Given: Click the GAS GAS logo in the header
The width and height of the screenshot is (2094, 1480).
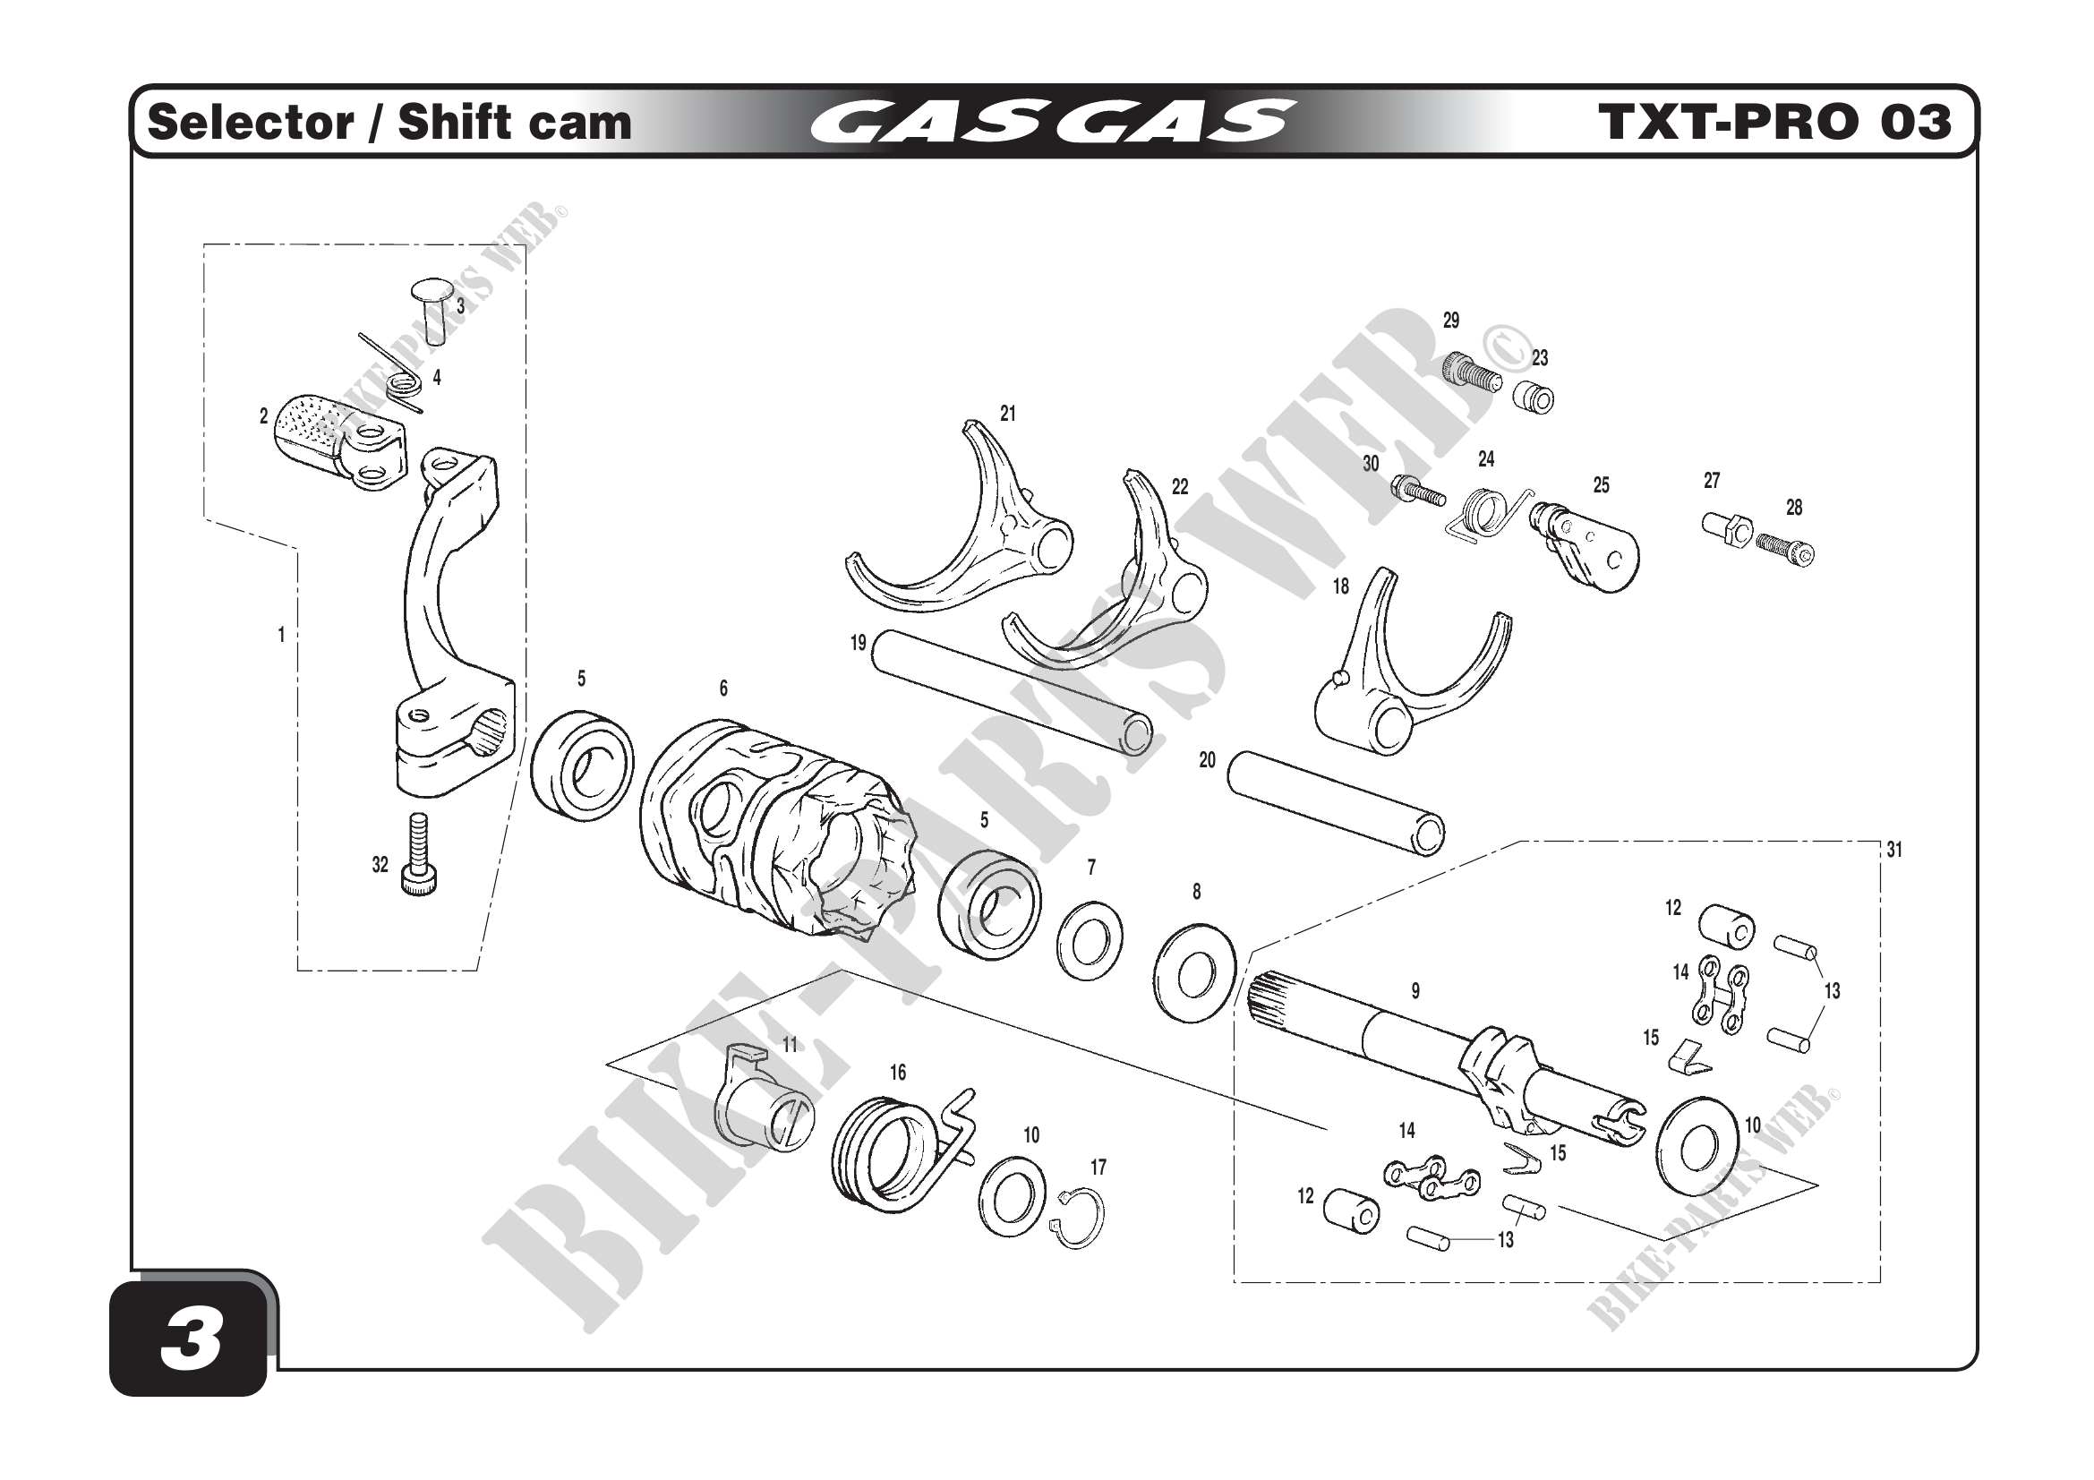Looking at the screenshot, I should (1052, 122).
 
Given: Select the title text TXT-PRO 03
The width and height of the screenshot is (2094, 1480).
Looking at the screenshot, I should (1773, 122).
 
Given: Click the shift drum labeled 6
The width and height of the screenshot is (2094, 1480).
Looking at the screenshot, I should (775, 830).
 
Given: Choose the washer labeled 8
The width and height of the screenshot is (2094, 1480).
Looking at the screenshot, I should (1195, 974).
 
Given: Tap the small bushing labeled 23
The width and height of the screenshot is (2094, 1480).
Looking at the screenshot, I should (1534, 398).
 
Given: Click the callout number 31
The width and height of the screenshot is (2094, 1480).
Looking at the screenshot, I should (1894, 850).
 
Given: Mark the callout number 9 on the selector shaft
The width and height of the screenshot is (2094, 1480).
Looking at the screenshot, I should (1415, 990).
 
